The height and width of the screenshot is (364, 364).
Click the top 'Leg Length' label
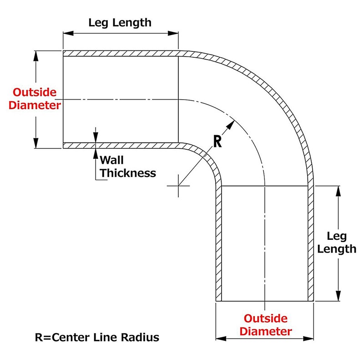(x=120, y=23)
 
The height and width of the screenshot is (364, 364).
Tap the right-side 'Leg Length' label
(x=337, y=243)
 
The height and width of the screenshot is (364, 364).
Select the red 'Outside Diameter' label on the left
(x=35, y=99)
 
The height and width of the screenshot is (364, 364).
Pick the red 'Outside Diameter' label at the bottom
(x=266, y=325)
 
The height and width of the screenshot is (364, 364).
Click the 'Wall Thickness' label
(x=128, y=167)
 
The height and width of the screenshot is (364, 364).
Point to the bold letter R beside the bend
(x=217, y=142)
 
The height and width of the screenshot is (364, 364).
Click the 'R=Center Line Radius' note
(x=97, y=337)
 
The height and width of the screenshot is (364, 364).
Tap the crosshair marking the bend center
(x=178, y=186)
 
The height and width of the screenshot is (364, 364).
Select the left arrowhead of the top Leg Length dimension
(x=68, y=33)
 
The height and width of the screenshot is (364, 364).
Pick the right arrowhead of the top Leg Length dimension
(x=173, y=33)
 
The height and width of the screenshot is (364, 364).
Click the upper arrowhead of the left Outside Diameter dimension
(x=36, y=56)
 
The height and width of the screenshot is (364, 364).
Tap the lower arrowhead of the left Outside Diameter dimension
(x=36, y=143)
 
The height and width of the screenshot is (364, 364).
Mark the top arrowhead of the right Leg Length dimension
(x=338, y=191)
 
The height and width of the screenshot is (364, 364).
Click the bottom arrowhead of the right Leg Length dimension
(x=338, y=296)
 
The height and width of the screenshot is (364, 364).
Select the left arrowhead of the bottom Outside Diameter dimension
(x=221, y=339)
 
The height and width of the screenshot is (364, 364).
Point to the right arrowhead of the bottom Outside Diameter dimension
(x=308, y=339)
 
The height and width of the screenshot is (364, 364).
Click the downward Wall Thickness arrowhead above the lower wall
(x=96, y=137)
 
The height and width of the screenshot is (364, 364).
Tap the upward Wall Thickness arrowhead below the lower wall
(x=96, y=153)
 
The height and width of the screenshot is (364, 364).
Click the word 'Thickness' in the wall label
(x=128, y=173)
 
